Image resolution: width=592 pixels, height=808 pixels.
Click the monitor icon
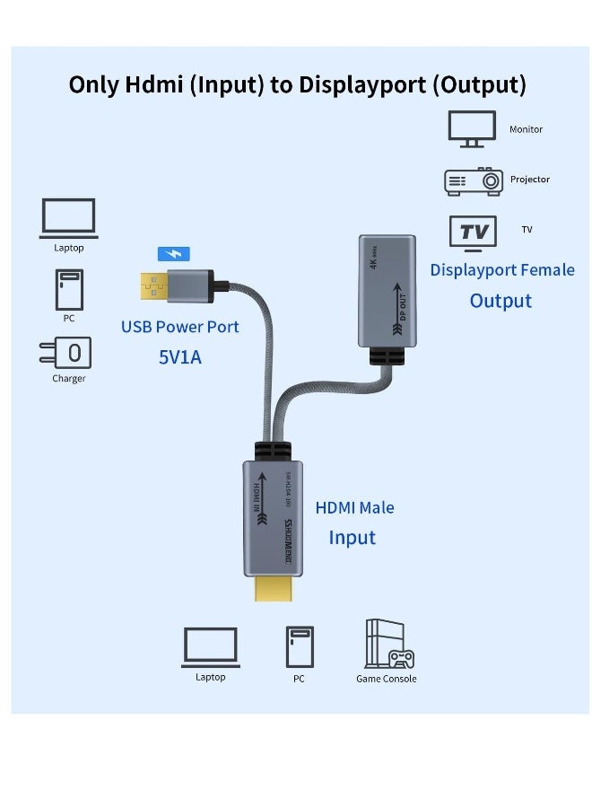coord(472,129)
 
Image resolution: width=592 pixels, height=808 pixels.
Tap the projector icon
coord(472,181)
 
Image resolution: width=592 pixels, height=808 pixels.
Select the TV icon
coord(473,233)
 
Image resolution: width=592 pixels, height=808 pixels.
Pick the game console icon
coord(387,645)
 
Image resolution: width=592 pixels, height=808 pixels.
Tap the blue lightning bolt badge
coord(173,254)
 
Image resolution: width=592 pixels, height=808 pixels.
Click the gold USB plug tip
coord(153,284)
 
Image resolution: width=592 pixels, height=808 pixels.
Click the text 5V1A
coord(180,356)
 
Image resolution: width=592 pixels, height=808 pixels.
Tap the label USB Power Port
coord(180,327)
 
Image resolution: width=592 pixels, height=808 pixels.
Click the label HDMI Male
coord(354,507)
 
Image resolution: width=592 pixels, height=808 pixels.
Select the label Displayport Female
coord(502,270)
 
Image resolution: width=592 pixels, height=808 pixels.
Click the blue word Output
coord(501,301)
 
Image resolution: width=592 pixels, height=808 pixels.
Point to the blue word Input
coord(352,538)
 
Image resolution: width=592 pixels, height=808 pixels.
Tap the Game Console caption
coord(386,679)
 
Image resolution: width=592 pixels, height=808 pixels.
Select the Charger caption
coord(68,379)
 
